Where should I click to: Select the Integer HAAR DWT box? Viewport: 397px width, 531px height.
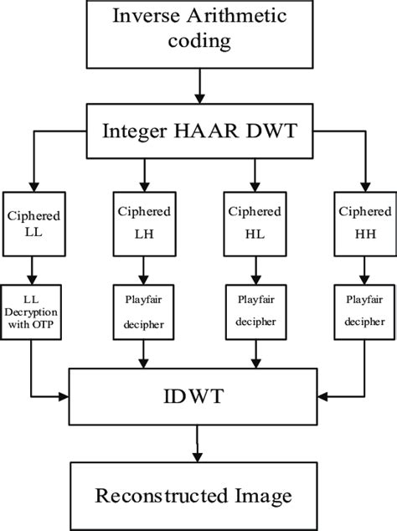point(198,131)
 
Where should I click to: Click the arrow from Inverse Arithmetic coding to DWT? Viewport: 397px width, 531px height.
point(198,87)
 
